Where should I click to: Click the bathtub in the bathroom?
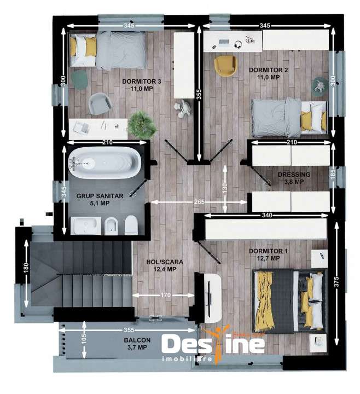click(104, 161)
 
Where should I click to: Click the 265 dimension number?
click(199, 202)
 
